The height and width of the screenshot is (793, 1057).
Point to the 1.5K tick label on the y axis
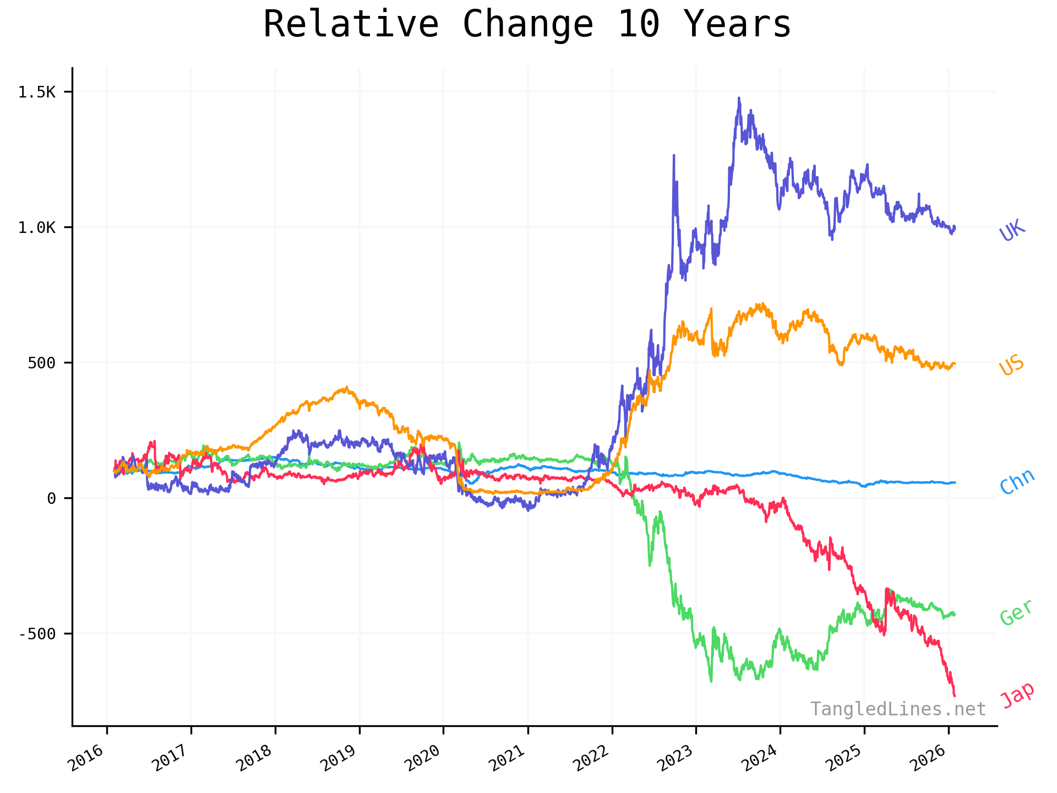tap(37, 92)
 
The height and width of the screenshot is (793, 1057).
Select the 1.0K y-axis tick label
tap(37, 227)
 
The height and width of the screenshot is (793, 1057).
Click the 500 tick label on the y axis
tap(42, 363)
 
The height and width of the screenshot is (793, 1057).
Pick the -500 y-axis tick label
tap(37, 634)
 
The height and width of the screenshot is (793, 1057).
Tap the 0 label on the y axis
tap(52, 498)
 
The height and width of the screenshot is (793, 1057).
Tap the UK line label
tap(1012, 230)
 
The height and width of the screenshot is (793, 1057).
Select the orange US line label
tap(1012, 365)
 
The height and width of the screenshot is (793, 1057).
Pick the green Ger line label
tap(1016, 612)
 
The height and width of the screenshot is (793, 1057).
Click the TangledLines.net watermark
tap(898, 709)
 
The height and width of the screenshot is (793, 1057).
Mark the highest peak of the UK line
tap(739, 98)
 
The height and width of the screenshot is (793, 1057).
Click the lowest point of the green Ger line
tap(711, 682)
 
